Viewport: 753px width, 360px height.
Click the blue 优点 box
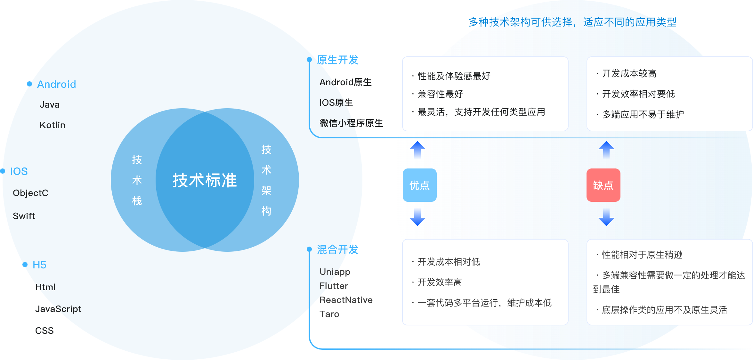coord(419,185)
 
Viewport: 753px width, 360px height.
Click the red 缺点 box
coord(603,185)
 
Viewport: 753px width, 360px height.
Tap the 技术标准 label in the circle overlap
coord(205,180)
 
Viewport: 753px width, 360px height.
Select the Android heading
coord(56,84)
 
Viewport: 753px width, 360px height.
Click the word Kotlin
coord(53,125)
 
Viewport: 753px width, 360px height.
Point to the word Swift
coord(24,216)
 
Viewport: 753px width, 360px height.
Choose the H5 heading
coord(39,265)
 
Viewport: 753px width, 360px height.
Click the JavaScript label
coord(58,309)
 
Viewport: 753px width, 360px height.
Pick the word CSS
coord(45,331)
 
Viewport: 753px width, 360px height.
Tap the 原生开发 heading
coord(337,60)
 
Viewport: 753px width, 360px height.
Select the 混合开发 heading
coord(337,250)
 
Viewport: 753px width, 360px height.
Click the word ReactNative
coord(346,300)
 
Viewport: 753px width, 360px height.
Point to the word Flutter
coord(334,286)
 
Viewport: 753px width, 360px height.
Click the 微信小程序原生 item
coord(351,123)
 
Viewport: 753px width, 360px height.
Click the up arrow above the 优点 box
coord(417,150)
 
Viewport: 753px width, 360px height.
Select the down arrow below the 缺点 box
coord(606,217)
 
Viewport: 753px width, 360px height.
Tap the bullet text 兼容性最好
coord(440,94)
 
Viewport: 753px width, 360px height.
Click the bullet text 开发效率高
coord(440,282)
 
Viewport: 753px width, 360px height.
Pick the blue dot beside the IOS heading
coord(3,171)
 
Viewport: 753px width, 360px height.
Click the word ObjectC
coord(30,193)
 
